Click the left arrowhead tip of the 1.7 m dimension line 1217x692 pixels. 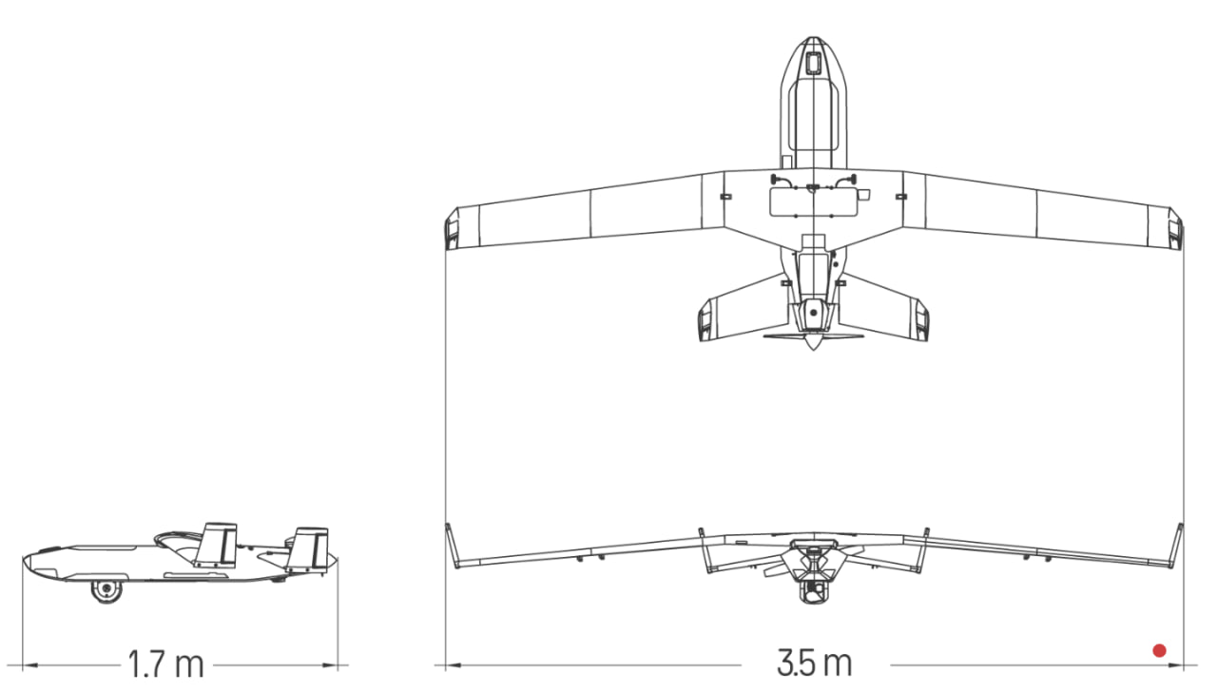23,664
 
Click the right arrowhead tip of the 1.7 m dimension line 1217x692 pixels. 338,664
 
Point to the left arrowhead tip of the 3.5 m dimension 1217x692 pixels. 446,664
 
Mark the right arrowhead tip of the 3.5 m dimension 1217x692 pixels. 1183,664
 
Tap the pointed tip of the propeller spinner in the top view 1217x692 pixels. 813,350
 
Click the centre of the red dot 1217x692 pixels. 1159,650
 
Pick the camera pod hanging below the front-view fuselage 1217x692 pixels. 813,588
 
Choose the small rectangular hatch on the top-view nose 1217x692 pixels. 812,64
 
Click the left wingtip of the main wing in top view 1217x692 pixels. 452,228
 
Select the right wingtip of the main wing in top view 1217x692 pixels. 1176,228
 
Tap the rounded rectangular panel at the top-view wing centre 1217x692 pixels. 813,202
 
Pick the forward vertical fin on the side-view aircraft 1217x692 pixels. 217,546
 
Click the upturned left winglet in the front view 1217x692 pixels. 452,546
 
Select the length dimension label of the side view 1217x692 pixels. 165,663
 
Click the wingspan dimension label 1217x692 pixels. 815,663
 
